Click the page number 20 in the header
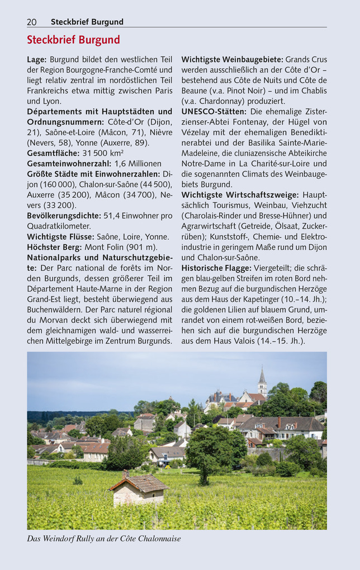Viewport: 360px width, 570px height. click(32, 22)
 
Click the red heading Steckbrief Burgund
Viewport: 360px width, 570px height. click(73, 40)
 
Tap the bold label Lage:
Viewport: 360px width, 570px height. click(37, 59)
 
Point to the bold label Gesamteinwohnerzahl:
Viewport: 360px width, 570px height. click(69, 164)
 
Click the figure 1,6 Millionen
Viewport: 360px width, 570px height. click(138, 164)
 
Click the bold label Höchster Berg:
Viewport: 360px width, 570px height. click(54, 247)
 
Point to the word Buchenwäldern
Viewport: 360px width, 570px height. click(55, 310)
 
